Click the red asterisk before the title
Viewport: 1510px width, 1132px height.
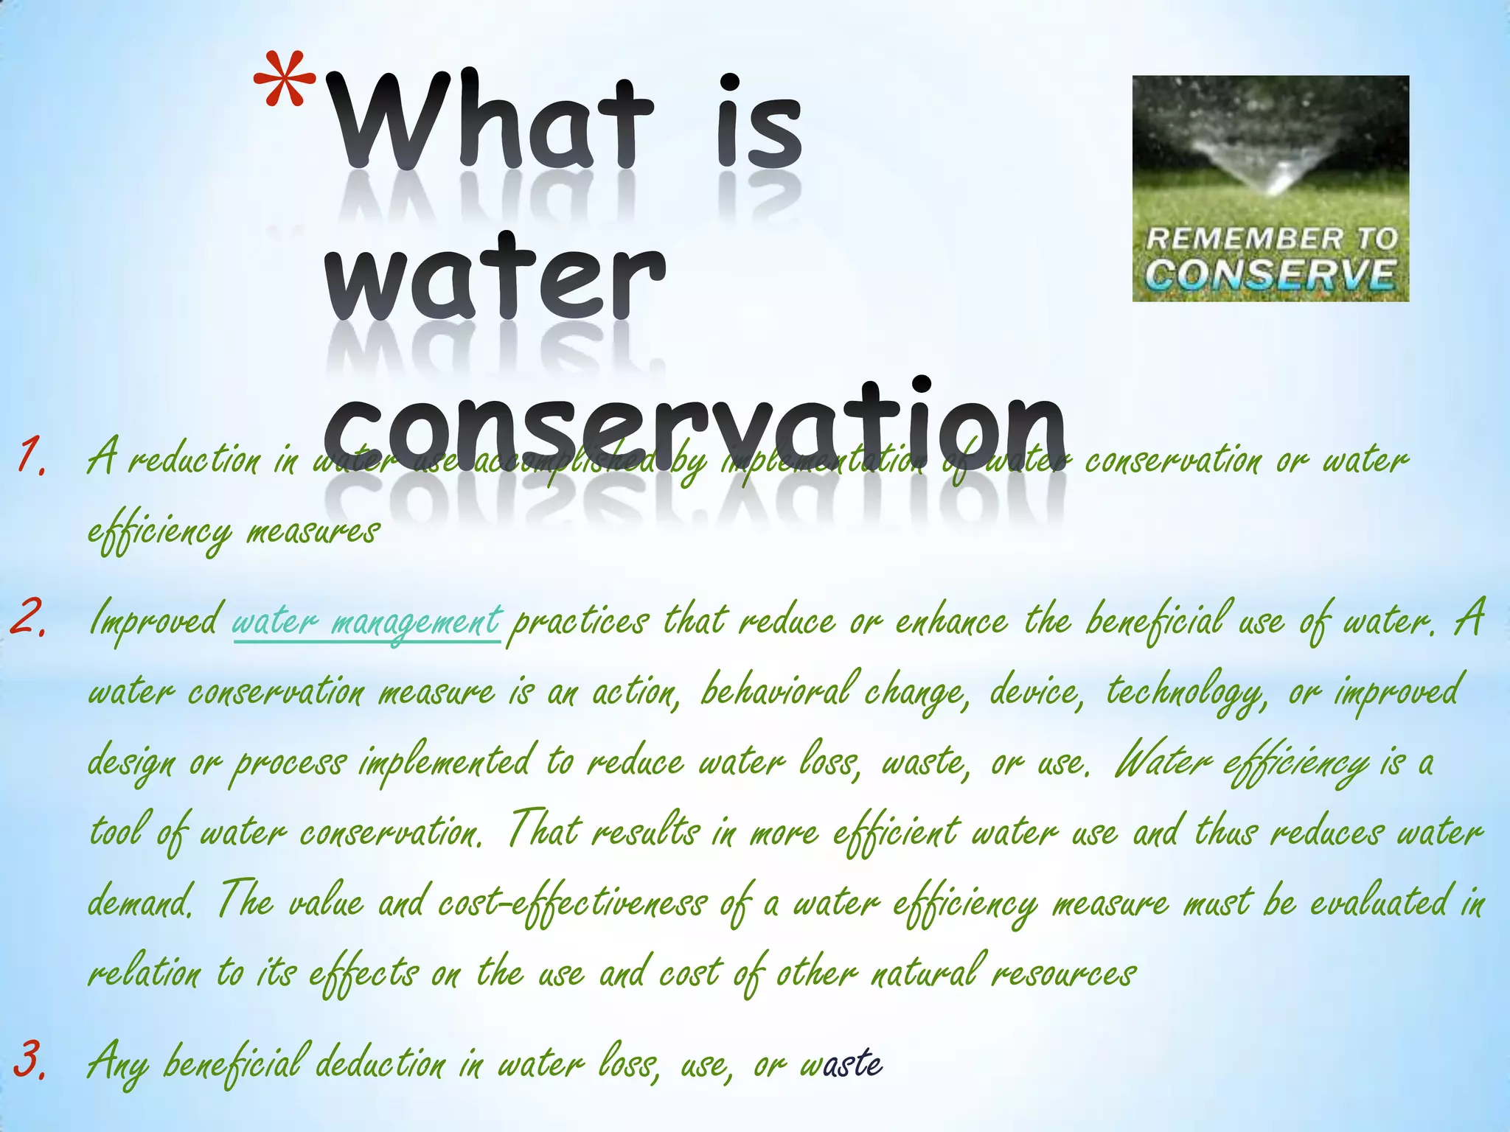point(285,85)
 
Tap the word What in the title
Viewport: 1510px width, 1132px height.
point(490,122)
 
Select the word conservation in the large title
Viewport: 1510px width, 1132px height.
point(693,427)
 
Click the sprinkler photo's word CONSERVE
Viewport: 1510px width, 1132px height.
point(1270,274)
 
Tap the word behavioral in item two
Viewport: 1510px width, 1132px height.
point(774,691)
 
